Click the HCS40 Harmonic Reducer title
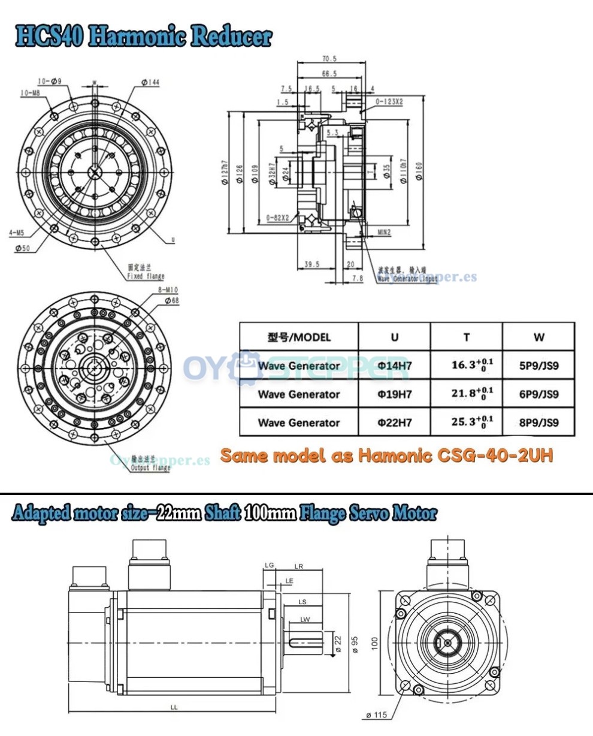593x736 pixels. click(x=143, y=37)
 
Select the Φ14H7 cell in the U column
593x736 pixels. click(x=394, y=366)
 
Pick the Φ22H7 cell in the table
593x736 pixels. click(x=394, y=423)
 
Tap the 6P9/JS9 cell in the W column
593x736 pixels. click(x=538, y=394)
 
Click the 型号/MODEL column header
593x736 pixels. click(x=298, y=337)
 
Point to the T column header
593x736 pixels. click(x=466, y=337)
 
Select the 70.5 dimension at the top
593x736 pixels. click(x=329, y=59)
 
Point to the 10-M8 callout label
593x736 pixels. click(x=29, y=93)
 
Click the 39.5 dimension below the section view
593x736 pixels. click(x=311, y=264)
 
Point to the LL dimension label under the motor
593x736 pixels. click(x=173, y=707)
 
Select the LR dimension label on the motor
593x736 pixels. click(x=299, y=566)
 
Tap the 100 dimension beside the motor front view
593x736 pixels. click(x=376, y=643)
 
